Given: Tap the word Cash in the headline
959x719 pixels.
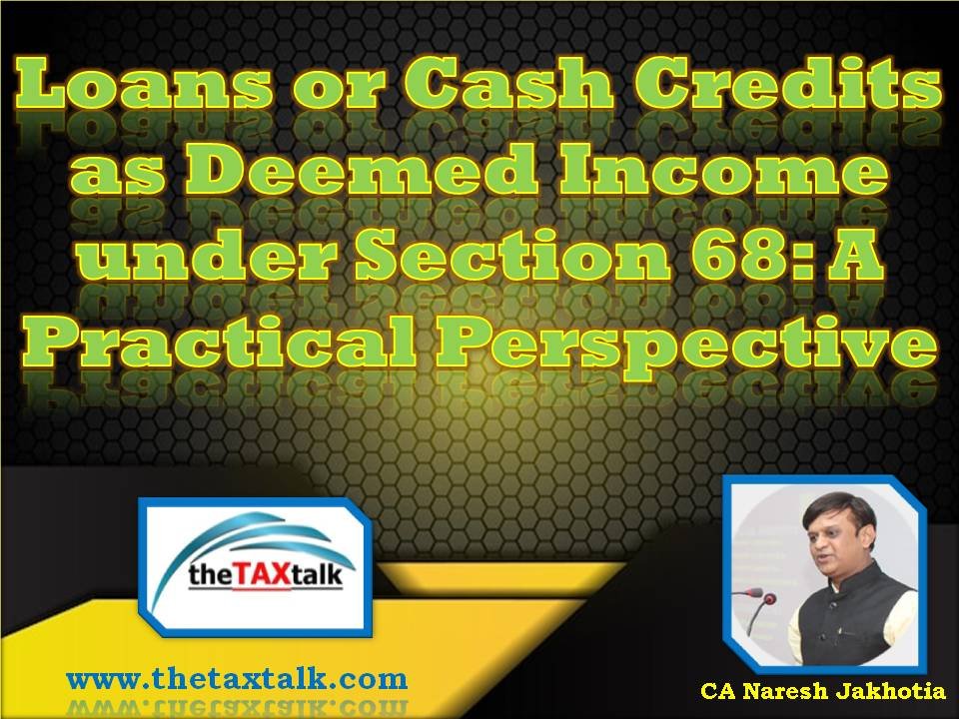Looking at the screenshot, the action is pos(507,83).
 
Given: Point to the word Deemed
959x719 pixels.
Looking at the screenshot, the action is pos(363,168).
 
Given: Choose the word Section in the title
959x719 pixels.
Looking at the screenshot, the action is pos(514,253).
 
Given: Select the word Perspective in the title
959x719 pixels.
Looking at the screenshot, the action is pos(686,344).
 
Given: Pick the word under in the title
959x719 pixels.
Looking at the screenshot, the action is pos(207,253).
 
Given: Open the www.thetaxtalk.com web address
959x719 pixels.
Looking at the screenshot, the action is pos(237,679).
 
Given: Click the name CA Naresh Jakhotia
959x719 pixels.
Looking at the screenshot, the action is pos(822,691).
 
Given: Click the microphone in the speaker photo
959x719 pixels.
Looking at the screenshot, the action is pos(758,604).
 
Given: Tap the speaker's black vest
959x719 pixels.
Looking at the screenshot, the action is pos(856,617).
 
